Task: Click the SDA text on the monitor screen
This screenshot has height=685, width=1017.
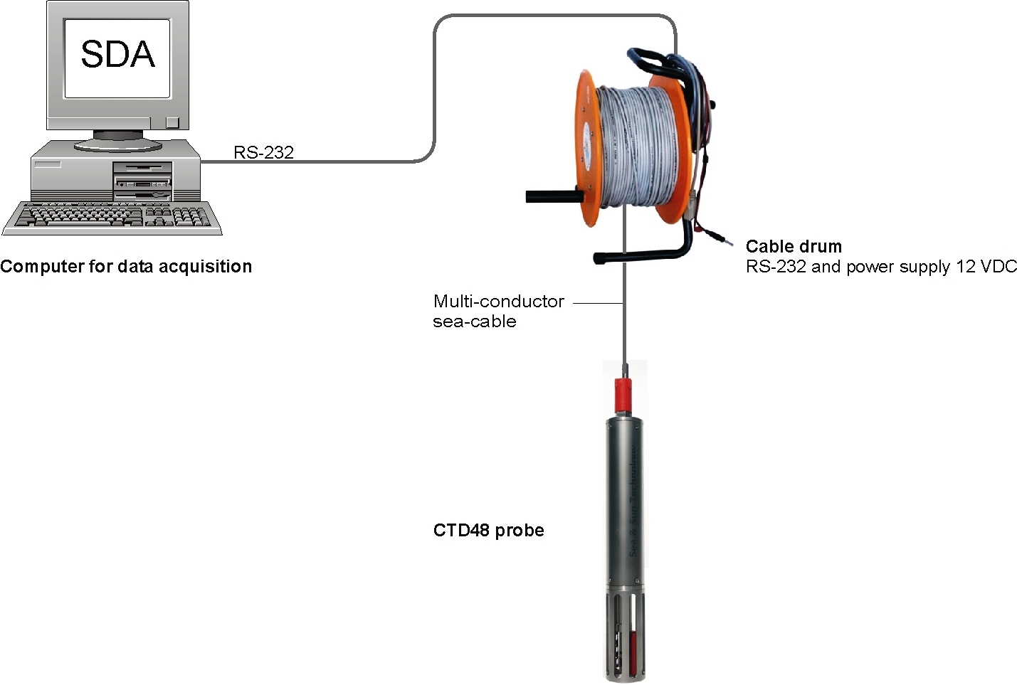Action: [x=117, y=55]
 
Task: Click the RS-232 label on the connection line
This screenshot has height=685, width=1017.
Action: [x=263, y=152]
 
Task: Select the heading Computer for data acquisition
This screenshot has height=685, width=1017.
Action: [x=126, y=267]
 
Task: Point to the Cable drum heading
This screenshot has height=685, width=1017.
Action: [x=794, y=247]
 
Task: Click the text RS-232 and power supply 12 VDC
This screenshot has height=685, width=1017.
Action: [x=881, y=267]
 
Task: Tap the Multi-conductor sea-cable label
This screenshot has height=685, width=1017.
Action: [x=497, y=311]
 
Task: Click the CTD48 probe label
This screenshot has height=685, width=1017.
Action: [x=488, y=531]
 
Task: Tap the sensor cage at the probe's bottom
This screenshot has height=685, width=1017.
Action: [x=626, y=633]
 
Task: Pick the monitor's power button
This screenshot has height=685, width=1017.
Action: [x=172, y=122]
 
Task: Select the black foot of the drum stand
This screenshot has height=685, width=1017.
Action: [x=641, y=253]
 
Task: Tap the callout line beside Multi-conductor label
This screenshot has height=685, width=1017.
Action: [x=598, y=302]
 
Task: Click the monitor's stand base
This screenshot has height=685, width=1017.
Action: [x=117, y=144]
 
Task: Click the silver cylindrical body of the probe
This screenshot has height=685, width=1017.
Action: [x=626, y=498]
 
